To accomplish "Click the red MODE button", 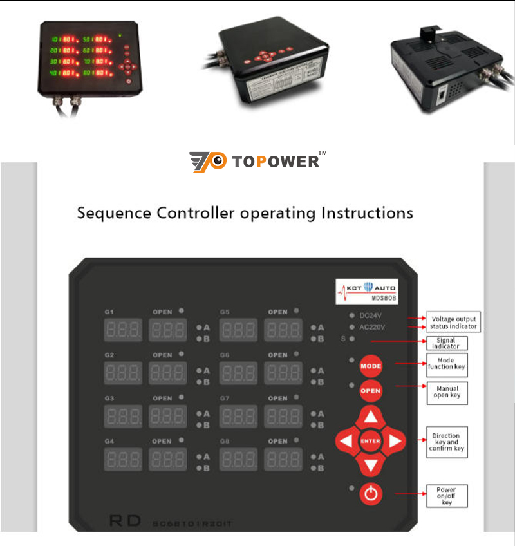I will pyautogui.click(x=371, y=366).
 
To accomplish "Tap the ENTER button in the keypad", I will pyautogui.click(x=371, y=441).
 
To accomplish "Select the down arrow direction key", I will pyautogui.click(x=371, y=464).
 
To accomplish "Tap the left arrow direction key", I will pyautogui.click(x=346, y=441).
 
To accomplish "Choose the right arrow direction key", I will pyautogui.click(x=395, y=441).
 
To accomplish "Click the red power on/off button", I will pyautogui.click(x=371, y=494).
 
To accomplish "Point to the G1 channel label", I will pyautogui.click(x=109, y=312).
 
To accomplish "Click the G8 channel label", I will pyautogui.click(x=224, y=442).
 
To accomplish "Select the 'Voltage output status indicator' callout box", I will pyautogui.click(x=454, y=322).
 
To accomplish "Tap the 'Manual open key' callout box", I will pyautogui.click(x=447, y=393).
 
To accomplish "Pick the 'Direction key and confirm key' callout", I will pyautogui.click(x=446, y=442).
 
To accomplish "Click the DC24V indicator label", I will pyautogui.click(x=370, y=316).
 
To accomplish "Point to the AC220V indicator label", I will pyautogui.click(x=372, y=327).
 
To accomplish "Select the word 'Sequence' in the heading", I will pyautogui.click(x=114, y=213).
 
